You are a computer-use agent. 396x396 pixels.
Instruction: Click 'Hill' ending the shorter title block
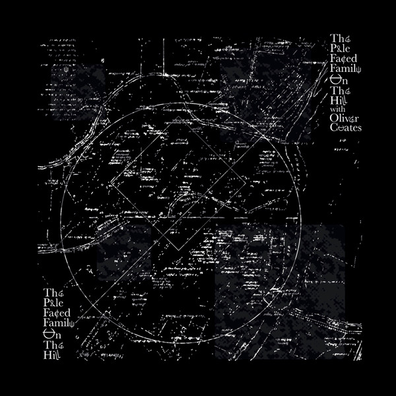[x=53, y=356]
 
